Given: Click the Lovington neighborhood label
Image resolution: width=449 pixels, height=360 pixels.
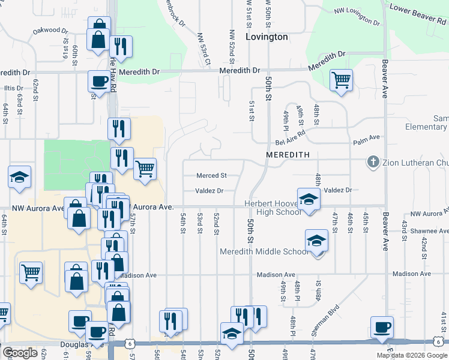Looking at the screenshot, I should pyautogui.click(x=267, y=37).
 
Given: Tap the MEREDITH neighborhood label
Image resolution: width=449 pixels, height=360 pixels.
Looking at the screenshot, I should pyautogui.click(x=288, y=154).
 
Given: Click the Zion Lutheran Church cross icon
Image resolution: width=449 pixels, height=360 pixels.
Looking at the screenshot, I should pyautogui.click(x=373, y=162).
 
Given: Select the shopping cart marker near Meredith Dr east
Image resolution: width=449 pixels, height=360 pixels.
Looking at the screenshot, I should pyautogui.click(x=341, y=80).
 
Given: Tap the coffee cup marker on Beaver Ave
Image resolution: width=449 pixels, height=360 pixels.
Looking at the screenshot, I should pyautogui.click(x=382, y=328).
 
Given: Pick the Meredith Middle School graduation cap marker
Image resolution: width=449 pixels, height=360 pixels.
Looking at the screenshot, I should pyautogui.click(x=316, y=241).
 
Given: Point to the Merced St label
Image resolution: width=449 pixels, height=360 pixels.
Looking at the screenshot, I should pyautogui.click(x=212, y=176).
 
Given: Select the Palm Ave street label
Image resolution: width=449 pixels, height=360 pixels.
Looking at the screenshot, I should pyautogui.click(x=367, y=137).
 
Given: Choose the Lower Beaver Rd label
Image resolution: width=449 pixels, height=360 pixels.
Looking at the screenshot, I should pyautogui.click(x=418, y=17).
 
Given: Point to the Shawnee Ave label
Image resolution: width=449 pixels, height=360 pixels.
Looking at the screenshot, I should pyautogui.click(x=426, y=230).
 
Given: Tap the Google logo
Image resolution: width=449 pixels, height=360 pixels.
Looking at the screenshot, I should pyautogui.click(x=20, y=353).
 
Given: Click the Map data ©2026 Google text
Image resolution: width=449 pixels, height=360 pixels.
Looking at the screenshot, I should pyautogui.click(x=412, y=355).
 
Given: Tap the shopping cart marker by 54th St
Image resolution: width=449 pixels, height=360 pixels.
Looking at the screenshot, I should pyautogui.click(x=145, y=169).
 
